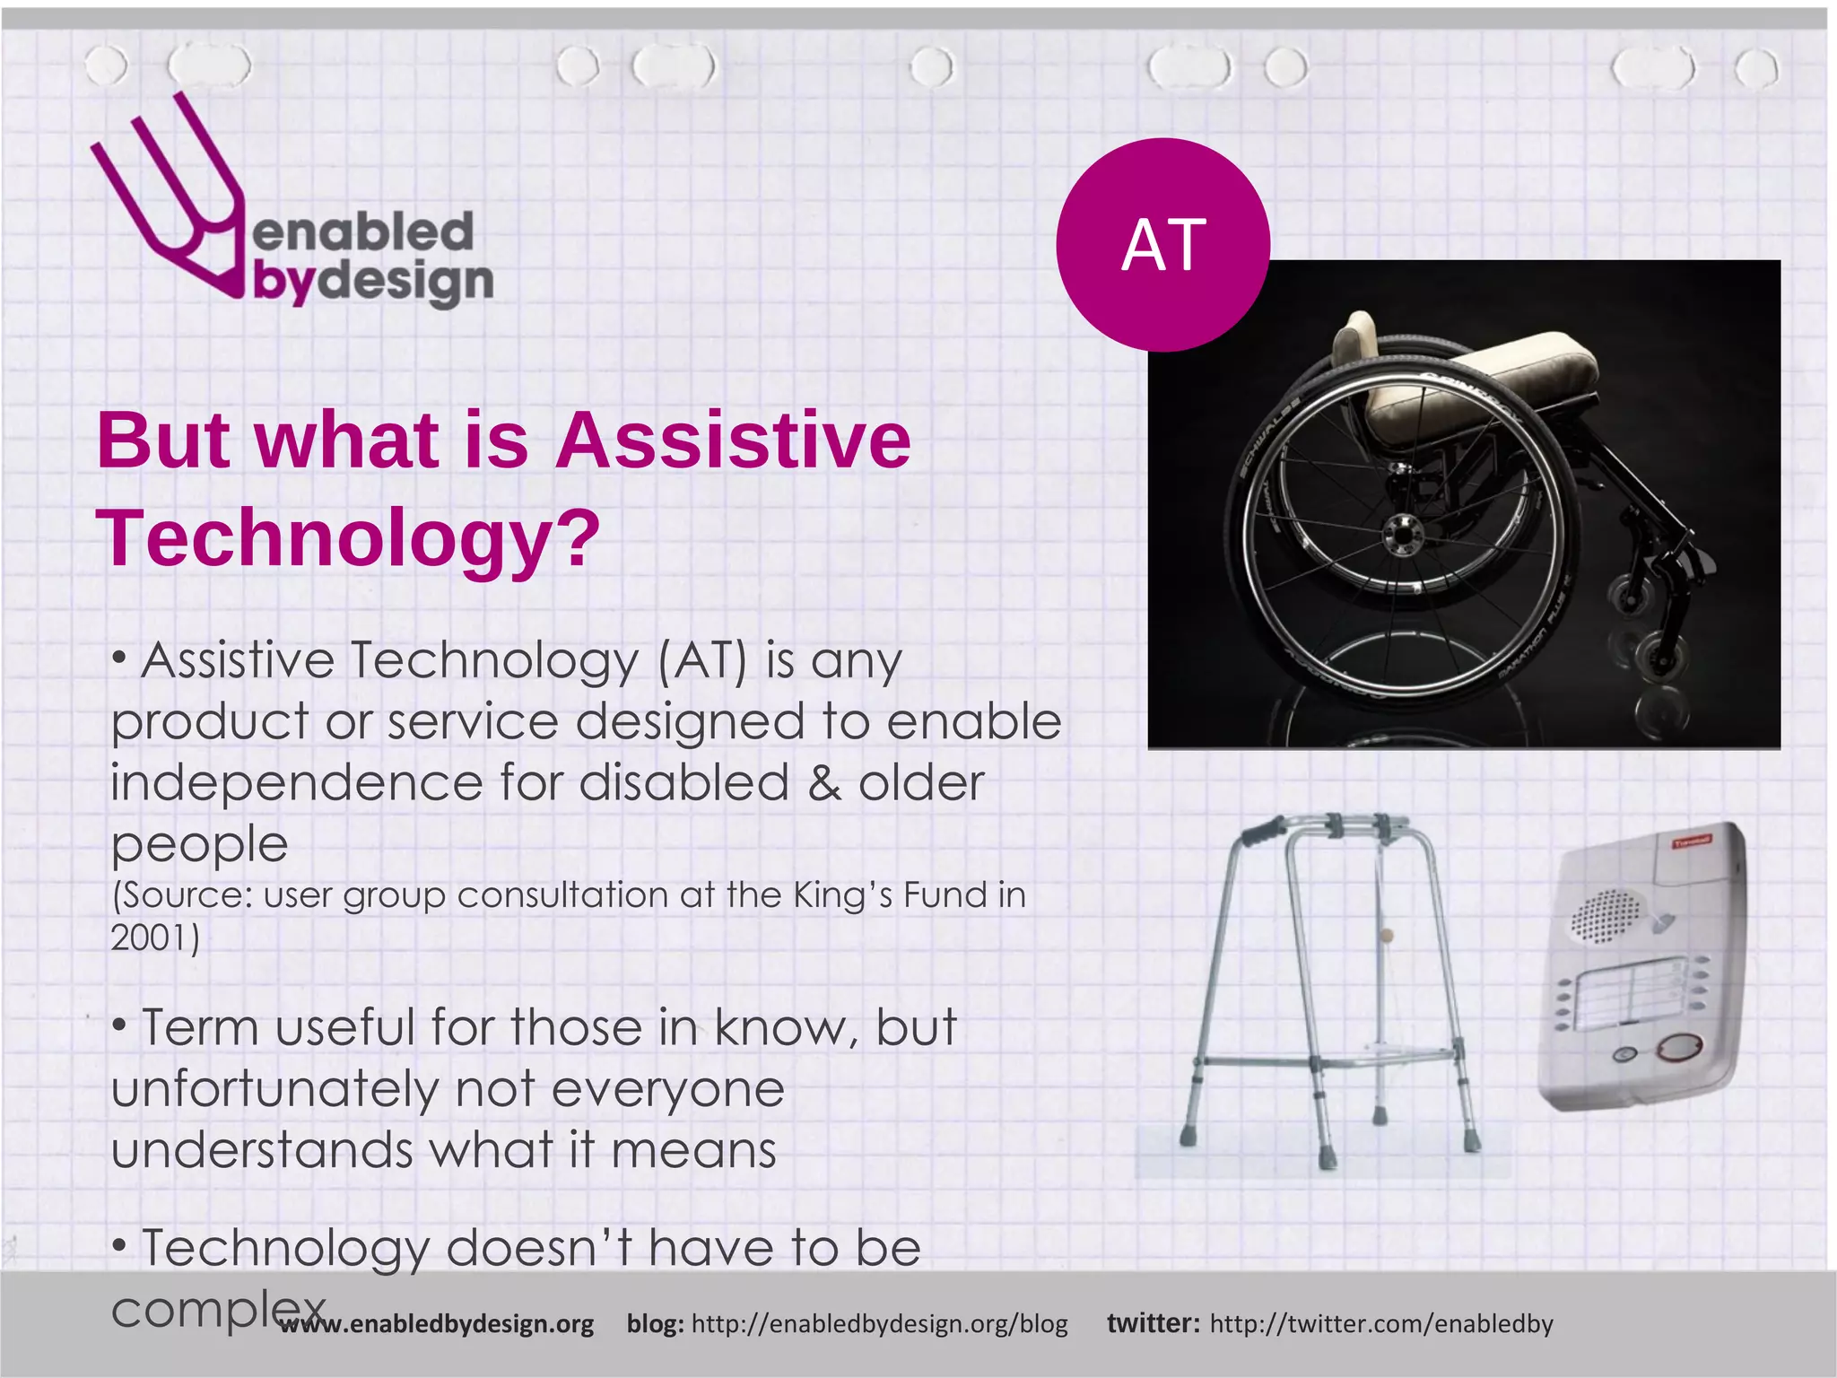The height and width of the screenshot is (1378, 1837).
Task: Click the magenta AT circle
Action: point(1162,244)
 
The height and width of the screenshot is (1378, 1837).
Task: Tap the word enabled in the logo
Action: point(363,233)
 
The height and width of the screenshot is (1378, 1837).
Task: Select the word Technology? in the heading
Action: point(347,538)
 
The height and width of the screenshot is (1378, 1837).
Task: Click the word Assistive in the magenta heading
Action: point(733,440)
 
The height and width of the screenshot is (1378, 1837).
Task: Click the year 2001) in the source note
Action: point(154,938)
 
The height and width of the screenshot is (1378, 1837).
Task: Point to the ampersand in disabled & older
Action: point(823,782)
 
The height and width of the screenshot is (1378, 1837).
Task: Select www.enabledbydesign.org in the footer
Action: point(436,1324)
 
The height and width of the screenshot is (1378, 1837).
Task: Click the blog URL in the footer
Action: point(879,1324)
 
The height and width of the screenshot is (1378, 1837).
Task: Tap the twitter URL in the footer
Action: point(1381,1324)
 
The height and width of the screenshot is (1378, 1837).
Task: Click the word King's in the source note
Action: point(842,895)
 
